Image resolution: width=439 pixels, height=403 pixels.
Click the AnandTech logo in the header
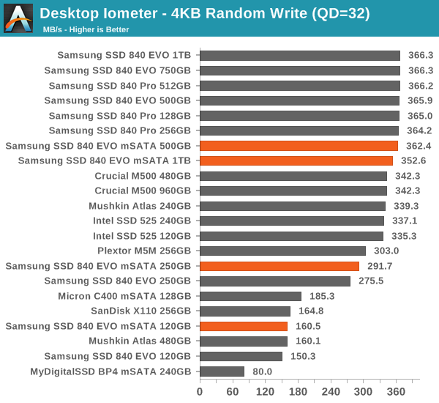tap(18, 18)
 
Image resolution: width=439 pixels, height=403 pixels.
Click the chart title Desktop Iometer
tap(205, 13)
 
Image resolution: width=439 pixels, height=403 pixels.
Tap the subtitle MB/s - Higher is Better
tap(86, 29)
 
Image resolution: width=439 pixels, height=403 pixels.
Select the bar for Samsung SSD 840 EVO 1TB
tap(300, 55)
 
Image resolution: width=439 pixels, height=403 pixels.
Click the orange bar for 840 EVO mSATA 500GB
tap(299, 146)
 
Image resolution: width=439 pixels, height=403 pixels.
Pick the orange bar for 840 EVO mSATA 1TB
tap(296, 160)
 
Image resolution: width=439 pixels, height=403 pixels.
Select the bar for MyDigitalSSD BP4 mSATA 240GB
tap(222, 371)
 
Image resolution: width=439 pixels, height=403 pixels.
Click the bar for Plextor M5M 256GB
tap(282, 251)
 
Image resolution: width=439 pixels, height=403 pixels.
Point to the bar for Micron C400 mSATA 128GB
tap(250, 296)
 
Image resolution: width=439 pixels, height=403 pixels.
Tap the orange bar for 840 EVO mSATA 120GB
tap(244, 326)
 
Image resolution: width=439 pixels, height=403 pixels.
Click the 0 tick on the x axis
tap(200, 391)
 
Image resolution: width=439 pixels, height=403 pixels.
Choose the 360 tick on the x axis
tap(397, 391)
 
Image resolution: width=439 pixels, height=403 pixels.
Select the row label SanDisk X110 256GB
tap(141, 311)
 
